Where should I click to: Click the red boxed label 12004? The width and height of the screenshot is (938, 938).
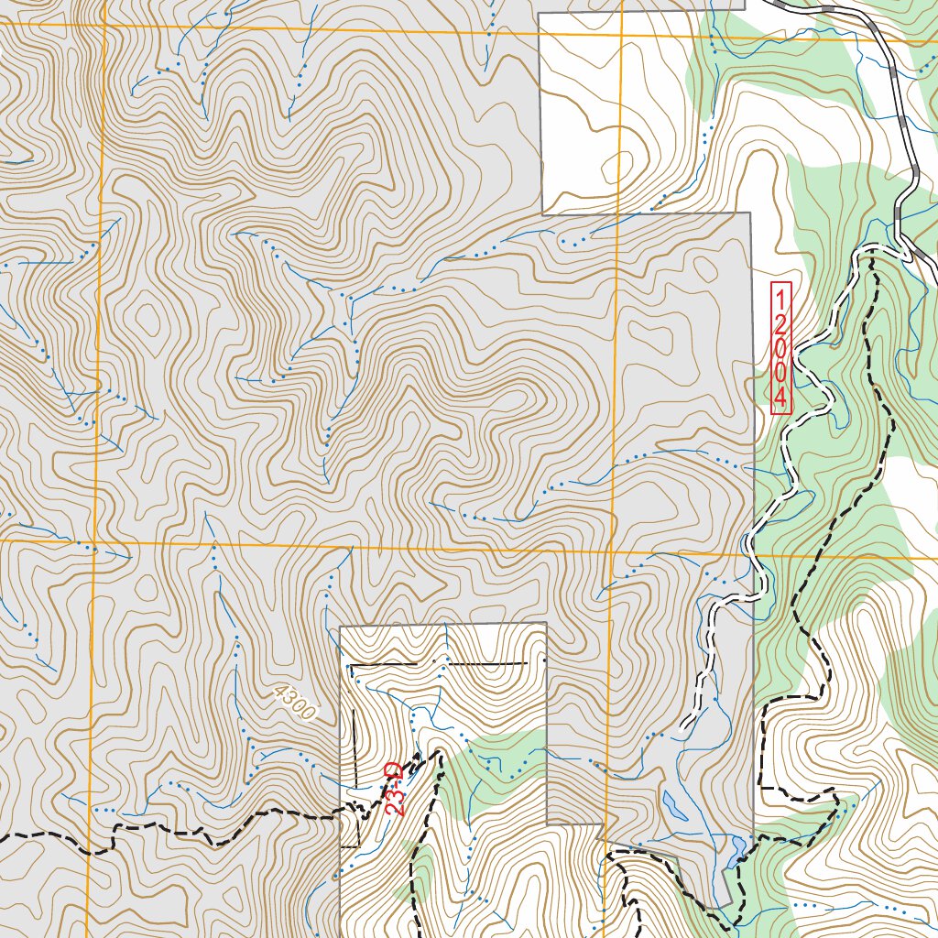tap(780, 349)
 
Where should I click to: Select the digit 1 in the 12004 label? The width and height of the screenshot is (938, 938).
tap(780, 299)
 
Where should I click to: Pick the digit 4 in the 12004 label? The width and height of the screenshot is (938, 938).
tap(780, 398)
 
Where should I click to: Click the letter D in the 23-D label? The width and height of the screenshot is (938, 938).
tap(392, 769)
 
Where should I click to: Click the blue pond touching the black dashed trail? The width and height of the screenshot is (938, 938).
tap(737, 851)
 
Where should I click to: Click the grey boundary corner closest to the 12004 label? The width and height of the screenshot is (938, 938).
tap(750, 213)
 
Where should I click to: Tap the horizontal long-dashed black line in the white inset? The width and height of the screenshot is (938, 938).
tap(440, 662)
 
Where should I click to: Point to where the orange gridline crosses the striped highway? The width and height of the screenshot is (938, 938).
tap(869, 40)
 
